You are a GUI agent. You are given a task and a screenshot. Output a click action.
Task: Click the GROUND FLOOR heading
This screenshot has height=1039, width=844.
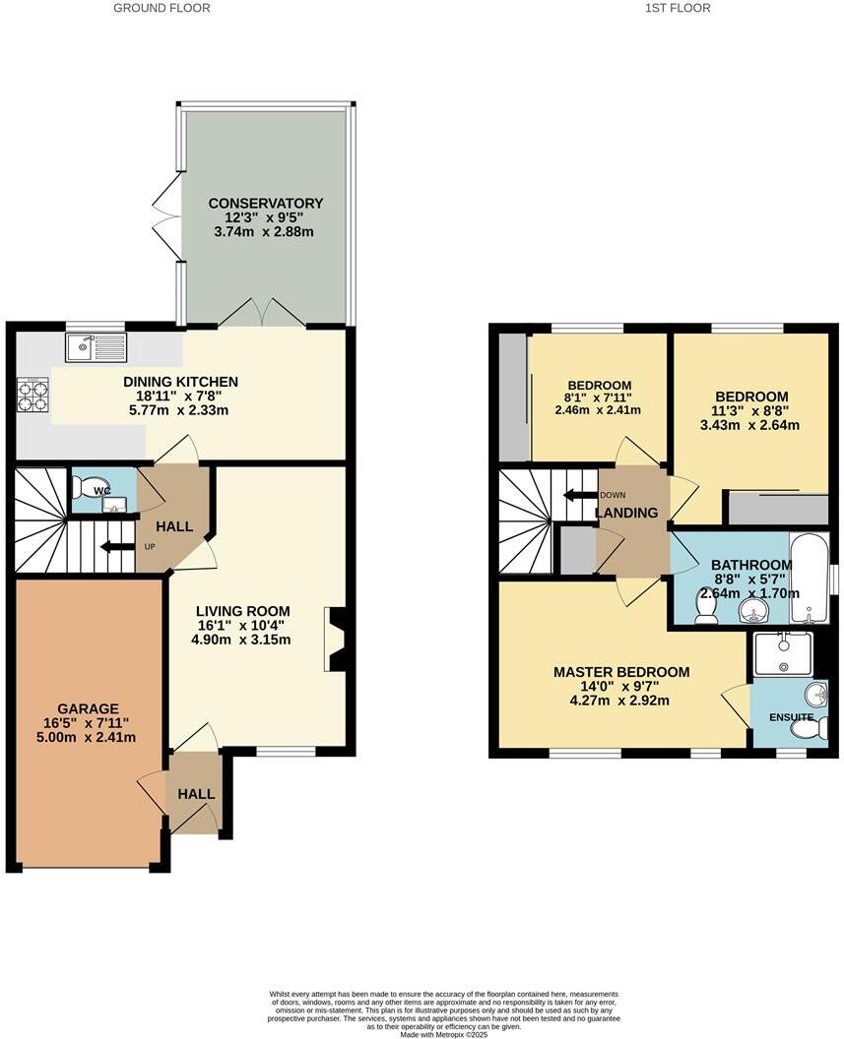(162, 8)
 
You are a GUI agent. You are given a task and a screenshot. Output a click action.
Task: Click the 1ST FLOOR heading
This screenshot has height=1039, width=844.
(677, 8)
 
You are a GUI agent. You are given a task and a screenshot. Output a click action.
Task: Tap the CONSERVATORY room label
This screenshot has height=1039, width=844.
(265, 204)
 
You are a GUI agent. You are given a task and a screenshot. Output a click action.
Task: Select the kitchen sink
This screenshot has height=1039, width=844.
(96, 346)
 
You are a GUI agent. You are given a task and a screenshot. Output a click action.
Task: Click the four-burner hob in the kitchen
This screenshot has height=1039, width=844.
(33, 396)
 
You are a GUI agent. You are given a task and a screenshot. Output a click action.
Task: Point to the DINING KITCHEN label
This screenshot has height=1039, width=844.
(180, 382)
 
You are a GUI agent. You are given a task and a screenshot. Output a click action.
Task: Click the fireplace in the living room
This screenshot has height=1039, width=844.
(336, 640)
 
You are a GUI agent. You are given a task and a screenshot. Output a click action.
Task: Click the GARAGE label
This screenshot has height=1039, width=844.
(88, 708)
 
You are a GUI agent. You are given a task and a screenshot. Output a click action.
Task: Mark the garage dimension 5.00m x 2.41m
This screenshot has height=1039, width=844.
(88, 737)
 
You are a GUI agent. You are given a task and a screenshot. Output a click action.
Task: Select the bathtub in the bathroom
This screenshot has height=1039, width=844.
(811, 579)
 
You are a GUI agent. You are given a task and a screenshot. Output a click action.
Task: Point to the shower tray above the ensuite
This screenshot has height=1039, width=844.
(783, 654)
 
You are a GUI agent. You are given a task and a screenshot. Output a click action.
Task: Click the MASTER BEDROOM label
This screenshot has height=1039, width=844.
(620, 672)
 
